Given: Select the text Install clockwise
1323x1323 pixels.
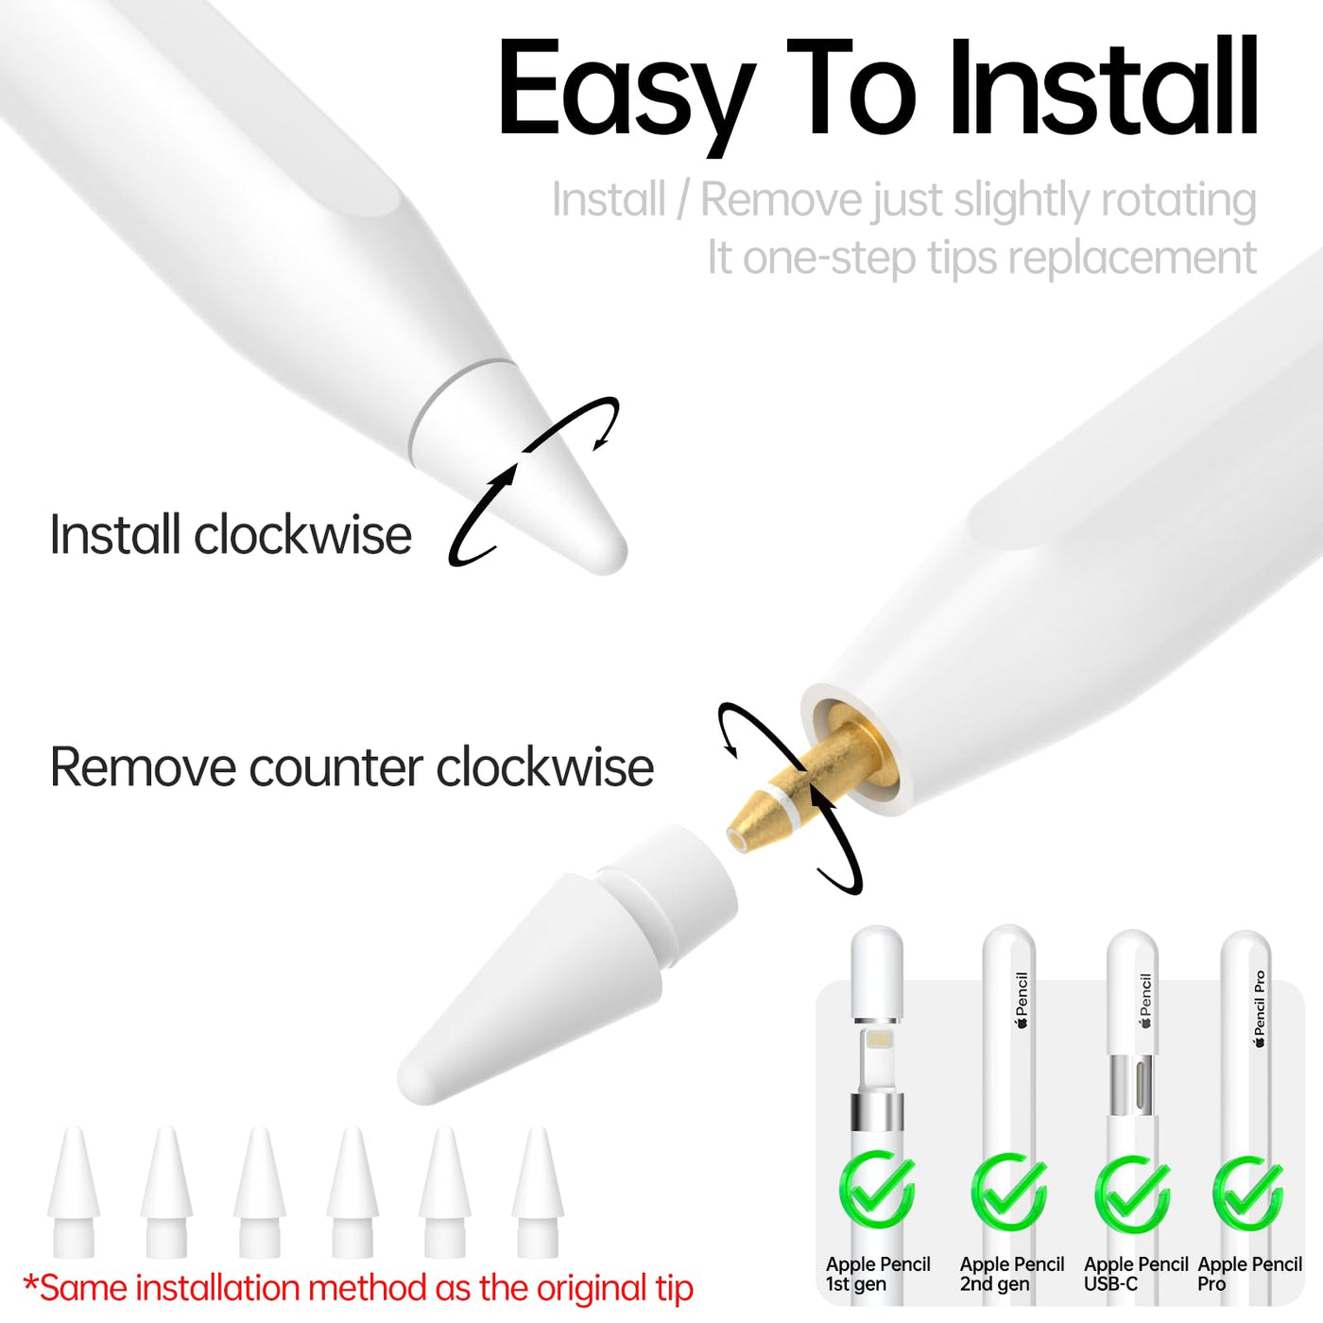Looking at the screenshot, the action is click(231, 534).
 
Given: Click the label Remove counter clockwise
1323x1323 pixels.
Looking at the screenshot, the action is click(352, 766).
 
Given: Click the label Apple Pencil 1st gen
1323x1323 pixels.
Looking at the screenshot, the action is click(877, 1274).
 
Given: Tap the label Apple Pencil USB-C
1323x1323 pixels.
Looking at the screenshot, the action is click(1136, 1274).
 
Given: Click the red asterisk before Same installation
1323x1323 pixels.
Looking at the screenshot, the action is click(30, 1281).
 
